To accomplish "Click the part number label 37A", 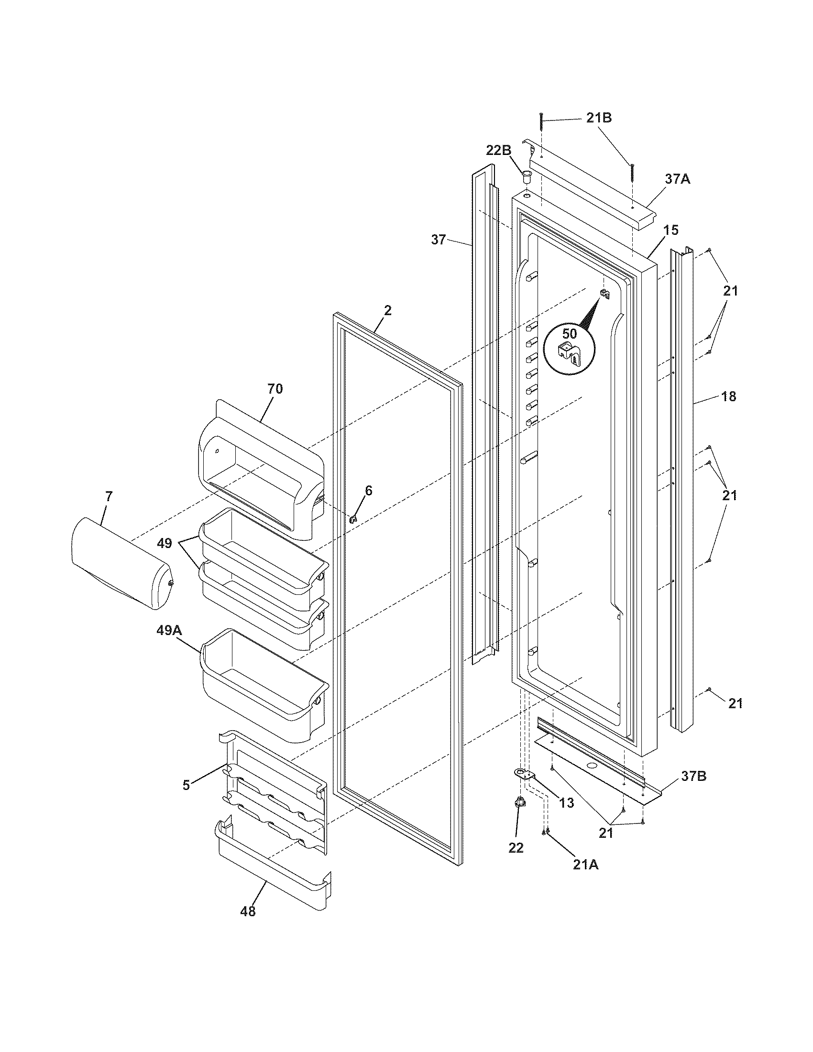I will pos(678,179).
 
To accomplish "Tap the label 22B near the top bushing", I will pos(498,150).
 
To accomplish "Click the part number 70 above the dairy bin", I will pos(275,389).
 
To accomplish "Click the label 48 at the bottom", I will pos(248,911).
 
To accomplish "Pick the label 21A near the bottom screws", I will pos(586,865).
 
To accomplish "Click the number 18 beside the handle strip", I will pos(729,396).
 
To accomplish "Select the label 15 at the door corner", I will pos(670,230).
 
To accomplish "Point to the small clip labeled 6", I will pos(354,519).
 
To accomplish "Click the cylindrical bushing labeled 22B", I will pos(526,175).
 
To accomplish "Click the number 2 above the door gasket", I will pos(387,310).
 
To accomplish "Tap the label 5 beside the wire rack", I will pos(186,785).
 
